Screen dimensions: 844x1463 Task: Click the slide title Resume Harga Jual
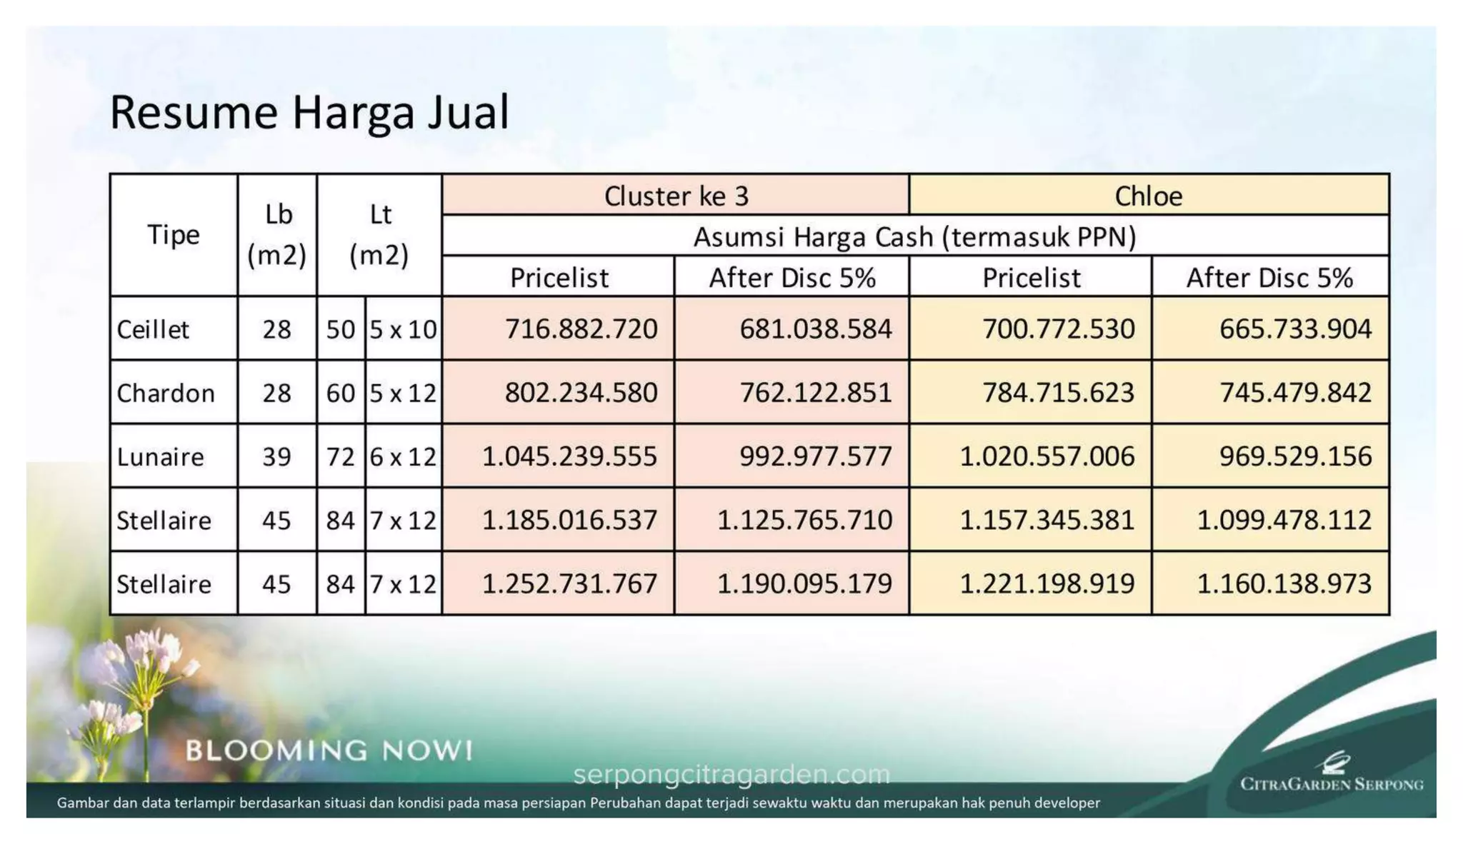[x=309, y=112]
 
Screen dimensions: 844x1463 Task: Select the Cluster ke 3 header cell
[x=676, y=196]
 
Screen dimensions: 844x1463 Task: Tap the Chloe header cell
[x=1148, y=196]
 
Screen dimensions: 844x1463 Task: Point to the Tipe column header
[x=173, y=235]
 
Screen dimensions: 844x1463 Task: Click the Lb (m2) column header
[x=277, y=235]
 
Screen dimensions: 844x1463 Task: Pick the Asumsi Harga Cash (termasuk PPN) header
[x=914, y=236]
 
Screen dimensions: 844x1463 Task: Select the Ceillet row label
[x=153, y=329]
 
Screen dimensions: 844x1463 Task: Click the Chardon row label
[x=166, y=393]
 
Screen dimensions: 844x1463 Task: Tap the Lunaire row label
[x=160, y=456]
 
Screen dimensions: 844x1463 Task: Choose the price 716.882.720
[x=581, y=329]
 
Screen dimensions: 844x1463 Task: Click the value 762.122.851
[x=815, y=393]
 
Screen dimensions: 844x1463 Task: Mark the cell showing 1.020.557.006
[x=1047, y=456]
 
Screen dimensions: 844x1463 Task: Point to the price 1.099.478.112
[x=1284, y=520]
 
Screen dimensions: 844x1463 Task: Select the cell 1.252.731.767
[x=569, y=583]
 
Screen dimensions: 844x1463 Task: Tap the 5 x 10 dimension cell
[x=403, y=329]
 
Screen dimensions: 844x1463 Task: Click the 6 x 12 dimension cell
[x=403, y=456]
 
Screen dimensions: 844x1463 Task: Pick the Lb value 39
[x=276, y=456]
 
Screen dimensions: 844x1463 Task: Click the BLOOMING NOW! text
[x=329, y=750]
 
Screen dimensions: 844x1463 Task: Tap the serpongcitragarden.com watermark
[x=731, y=774]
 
